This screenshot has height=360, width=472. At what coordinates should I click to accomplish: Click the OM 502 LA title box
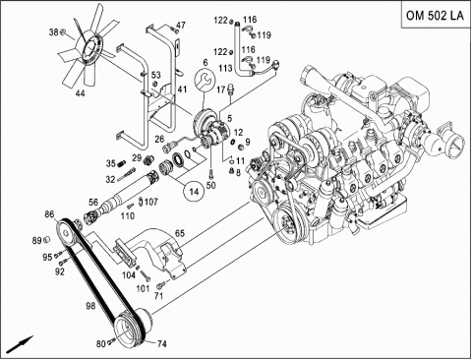[437, 15]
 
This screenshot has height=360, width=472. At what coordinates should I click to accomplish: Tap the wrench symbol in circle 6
[205, 81]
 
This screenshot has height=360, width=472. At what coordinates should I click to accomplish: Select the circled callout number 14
[195, 192]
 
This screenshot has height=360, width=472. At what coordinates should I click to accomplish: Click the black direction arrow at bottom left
[20, 344]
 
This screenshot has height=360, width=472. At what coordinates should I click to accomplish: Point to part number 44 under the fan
[80, 93]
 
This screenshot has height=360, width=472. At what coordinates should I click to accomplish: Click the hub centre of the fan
[89, 49]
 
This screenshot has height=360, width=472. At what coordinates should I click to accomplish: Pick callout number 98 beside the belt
[90, 306]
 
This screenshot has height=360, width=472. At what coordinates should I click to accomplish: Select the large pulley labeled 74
[131, 328]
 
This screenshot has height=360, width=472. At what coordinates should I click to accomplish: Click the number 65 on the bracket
[180, 234]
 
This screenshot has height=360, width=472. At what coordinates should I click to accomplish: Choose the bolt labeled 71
[161, 286]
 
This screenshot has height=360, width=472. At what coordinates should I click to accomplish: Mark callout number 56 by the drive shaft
[93, 202]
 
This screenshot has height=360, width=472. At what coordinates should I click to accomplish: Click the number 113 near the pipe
[225, 68]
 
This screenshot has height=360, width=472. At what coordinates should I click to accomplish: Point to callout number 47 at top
[181, 26]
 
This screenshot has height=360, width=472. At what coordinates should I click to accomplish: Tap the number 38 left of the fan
[54, 32]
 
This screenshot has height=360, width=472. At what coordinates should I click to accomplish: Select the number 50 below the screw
[211, 186]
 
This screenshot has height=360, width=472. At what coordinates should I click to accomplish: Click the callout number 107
[151, 202]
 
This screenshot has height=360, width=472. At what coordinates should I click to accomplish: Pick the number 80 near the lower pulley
[101, 343]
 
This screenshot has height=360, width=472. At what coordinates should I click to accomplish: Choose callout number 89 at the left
[37, 241]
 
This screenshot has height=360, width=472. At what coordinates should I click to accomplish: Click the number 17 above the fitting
[221, 89]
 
